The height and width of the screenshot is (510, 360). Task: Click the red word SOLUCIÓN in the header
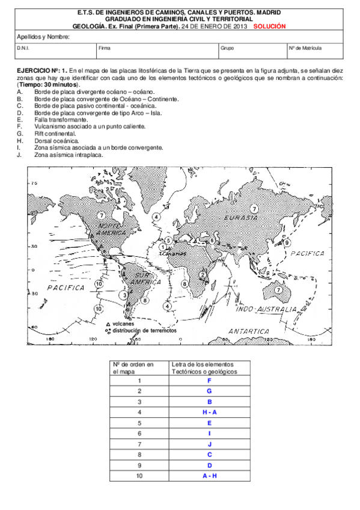269,26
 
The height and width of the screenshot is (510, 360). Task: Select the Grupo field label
227,47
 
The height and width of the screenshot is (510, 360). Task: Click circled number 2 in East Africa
203,274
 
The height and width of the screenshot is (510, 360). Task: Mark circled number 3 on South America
123,295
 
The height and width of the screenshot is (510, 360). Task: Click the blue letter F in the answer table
209,380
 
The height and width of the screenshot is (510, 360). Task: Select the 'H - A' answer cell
209,412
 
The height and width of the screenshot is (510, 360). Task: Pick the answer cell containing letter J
209,444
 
